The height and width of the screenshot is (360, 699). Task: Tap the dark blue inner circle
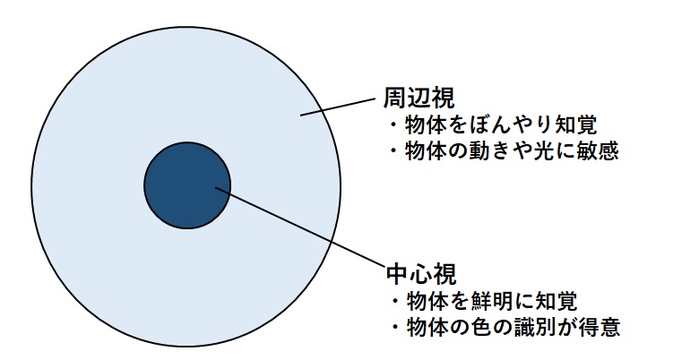pyautogui.click(x=186, y=185)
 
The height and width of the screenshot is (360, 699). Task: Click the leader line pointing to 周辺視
pyautogui.click(x=336, y=105)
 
